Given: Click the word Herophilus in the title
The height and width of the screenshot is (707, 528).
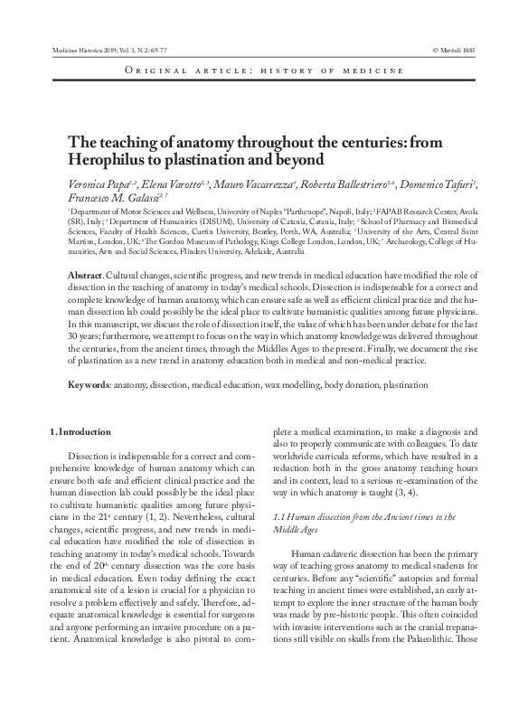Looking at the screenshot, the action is coord(102,158).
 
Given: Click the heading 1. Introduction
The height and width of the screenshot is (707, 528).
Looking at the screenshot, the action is coord(80,434).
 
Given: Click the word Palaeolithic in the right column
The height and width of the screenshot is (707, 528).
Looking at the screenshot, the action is coord(432,687).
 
